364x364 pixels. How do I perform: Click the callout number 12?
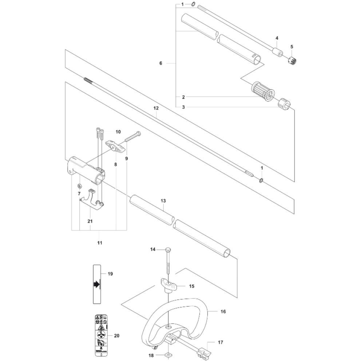coord(156,108)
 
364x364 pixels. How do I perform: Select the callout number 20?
coord(116,336)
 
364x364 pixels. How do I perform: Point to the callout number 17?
coord(221,343)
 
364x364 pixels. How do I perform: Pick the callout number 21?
coord(90,221)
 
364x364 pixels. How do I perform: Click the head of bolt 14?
coord(168,249)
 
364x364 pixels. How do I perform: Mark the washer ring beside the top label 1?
coord(193,5)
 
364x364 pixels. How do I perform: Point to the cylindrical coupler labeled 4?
coord(278,51)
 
